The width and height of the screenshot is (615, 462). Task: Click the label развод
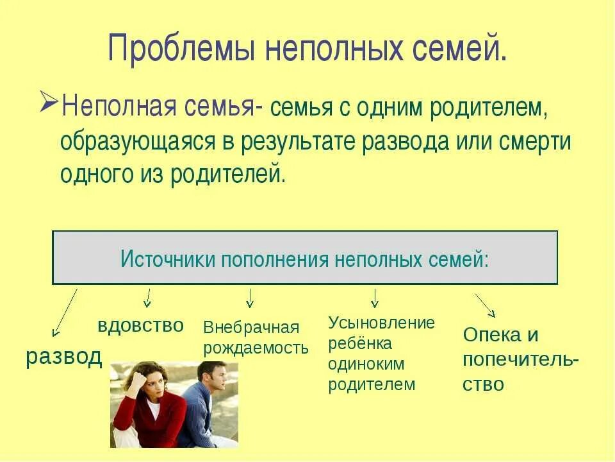pos(64,357)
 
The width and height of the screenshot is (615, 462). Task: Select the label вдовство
pos(140,325)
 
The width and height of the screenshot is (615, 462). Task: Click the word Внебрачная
pos(251,327)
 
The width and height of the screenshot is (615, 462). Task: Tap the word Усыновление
pos(381,323)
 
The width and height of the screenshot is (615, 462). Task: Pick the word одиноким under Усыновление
pos(366,364)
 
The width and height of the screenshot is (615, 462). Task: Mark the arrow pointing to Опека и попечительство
pos(485,305)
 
